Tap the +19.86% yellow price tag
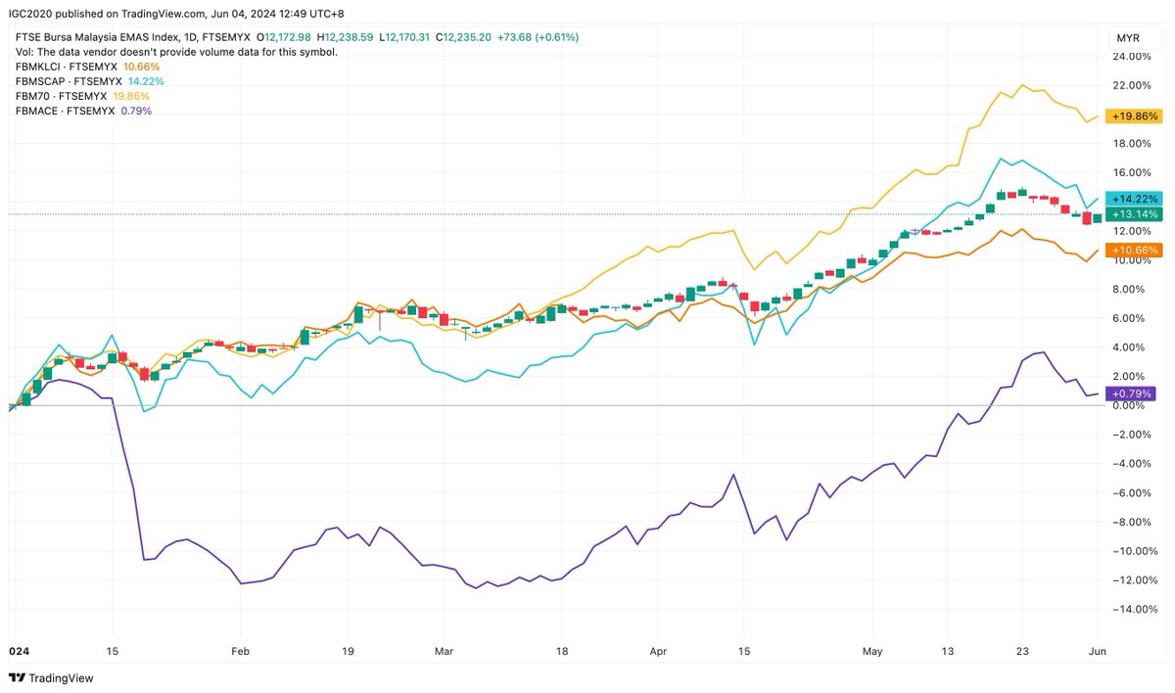[1131, 115]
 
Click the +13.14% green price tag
[1131, 215]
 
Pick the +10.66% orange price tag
[1131, 251]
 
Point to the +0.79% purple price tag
[1131, 393]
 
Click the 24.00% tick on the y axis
[1130, 57]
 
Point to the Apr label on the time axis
[657, 649]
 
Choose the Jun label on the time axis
[1097, 649]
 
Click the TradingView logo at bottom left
[49, 678]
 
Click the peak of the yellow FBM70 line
[1022, 85]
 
